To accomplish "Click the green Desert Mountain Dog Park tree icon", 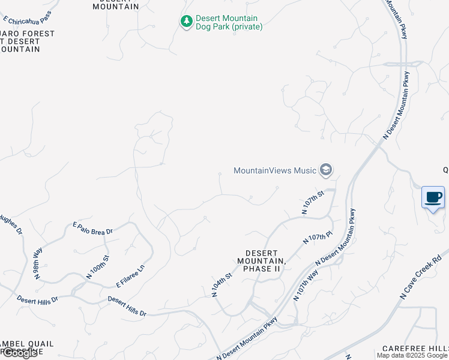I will coord(187,22).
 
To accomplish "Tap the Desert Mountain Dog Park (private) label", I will coord(229,22).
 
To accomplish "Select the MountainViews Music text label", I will coord(274,170).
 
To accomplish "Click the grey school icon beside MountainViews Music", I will coord(326,170).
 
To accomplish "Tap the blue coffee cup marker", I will coord(433,197).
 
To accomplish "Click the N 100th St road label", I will coord(98,267).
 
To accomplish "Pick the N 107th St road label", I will coord(313,202).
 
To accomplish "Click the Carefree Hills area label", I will coord(415,349).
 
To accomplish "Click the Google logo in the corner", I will coord(19,353).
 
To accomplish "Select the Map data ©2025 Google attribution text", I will coord(412,356).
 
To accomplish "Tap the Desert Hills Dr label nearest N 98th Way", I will coord(37,299).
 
